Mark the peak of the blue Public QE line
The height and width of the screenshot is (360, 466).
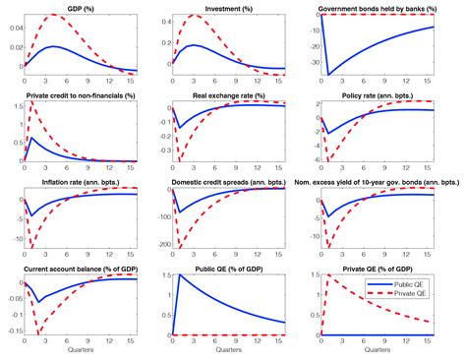pyautogui.click(x=180, y=277)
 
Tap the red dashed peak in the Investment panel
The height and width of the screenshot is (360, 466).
pyautogui.click(x=193, y=17)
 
